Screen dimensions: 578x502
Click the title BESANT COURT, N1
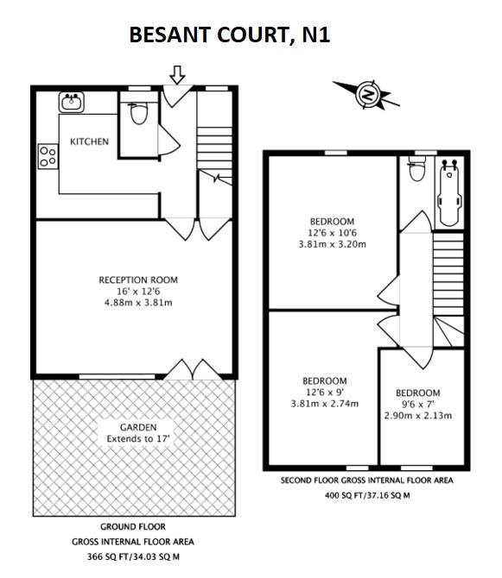point(229,35)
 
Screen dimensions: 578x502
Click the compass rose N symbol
point(369,94)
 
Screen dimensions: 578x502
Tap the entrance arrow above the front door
point(177,76)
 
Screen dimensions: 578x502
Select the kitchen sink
point(72,103)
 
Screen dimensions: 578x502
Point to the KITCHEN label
point(90,141)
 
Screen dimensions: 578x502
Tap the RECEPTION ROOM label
point(138,280)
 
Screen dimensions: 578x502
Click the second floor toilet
point(418,173)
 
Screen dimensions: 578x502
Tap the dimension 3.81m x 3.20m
point(332,244)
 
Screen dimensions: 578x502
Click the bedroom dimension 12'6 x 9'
point(324,392)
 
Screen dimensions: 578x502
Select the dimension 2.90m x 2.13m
point(418,416)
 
